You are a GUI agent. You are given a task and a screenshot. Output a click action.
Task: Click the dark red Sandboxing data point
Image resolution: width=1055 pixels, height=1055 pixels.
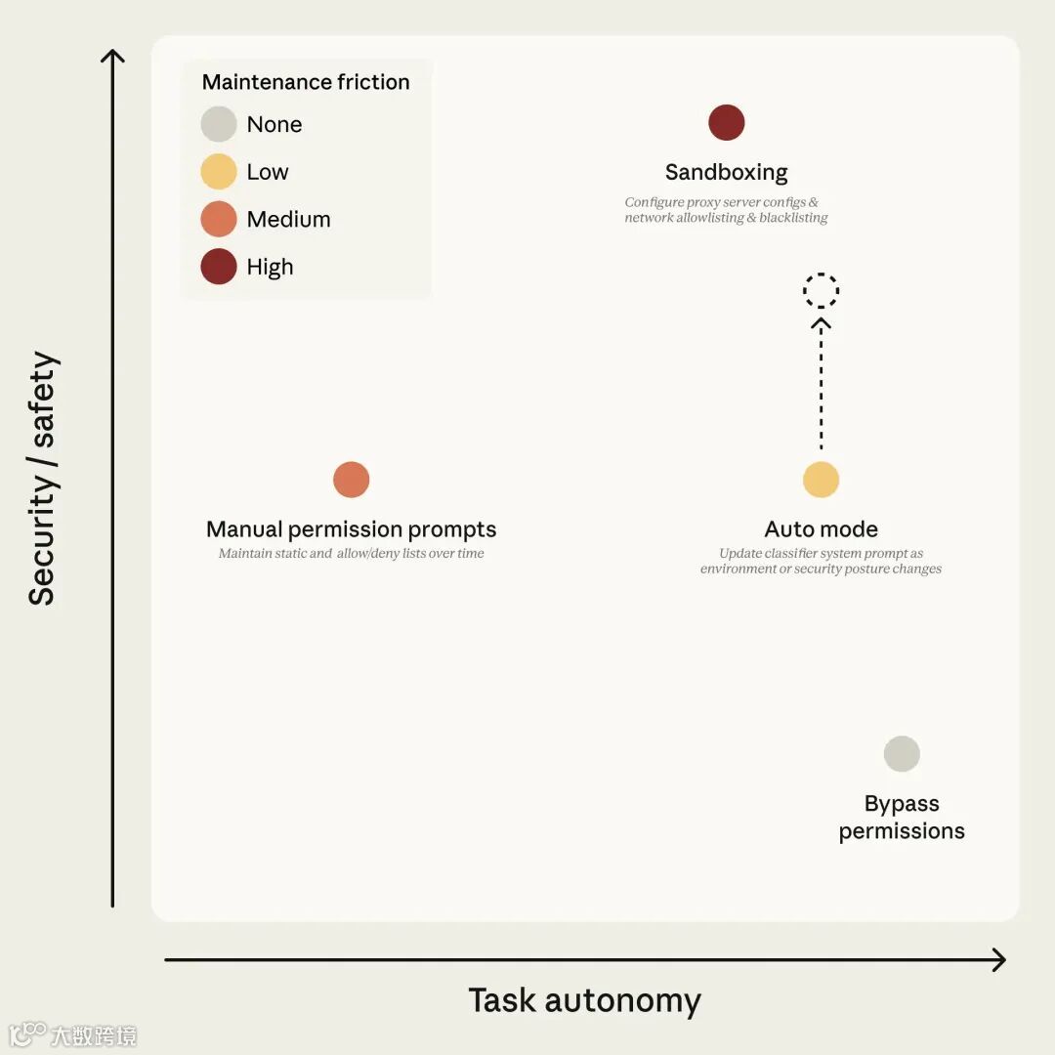pos(727,123)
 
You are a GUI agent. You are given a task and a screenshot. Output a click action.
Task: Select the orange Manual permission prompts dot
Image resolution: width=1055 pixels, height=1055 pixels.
pos(352,480)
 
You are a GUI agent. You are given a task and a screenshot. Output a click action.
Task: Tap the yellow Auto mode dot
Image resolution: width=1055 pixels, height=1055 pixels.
pos(822,480)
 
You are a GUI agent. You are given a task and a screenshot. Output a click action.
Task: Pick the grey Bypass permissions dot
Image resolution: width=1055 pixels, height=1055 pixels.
pos(902,754)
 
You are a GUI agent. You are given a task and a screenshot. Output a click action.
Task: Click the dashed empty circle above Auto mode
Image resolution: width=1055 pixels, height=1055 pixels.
pos(822,290)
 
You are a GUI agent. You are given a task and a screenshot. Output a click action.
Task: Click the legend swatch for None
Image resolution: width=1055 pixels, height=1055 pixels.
pos(219,124)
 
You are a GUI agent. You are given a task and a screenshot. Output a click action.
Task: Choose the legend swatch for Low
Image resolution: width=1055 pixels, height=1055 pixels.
pos(219,172)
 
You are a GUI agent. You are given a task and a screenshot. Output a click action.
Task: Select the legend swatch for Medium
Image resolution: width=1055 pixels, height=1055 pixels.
pos(219,219)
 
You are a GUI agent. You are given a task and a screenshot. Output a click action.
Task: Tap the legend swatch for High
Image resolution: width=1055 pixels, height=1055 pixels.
pos(219,267)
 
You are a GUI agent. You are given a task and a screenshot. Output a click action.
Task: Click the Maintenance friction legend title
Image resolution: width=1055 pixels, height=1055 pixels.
pos(306,82)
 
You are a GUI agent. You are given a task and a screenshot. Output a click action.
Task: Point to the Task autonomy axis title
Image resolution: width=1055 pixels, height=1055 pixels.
pos(584,1000)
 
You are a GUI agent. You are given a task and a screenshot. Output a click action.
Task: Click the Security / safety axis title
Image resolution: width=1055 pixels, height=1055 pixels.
pos(43,479)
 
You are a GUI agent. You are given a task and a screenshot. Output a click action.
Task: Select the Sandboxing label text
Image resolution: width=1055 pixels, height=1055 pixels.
pos(727,173)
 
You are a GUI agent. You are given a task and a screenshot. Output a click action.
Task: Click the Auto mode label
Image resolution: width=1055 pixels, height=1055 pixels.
pos(822,529)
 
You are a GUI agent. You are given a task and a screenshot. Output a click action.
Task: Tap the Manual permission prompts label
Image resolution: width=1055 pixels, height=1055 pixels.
pos(352,529)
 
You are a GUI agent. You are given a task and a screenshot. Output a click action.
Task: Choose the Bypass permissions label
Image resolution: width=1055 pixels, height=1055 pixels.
pos(902,818)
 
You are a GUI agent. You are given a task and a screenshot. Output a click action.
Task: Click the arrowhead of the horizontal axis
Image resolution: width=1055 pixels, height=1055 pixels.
pos(998,960)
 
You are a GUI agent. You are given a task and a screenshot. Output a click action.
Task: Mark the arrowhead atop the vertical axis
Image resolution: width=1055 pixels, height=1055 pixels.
pos(113,56)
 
